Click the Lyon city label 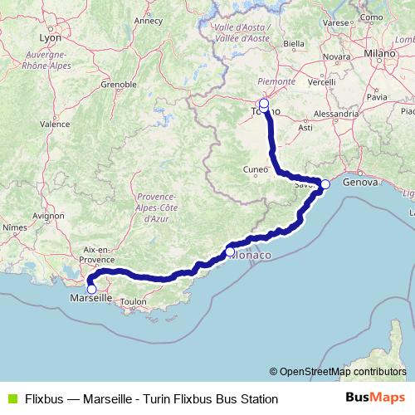50,37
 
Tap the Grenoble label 119,84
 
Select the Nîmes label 15,226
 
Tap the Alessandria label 334,112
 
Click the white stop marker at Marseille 92,289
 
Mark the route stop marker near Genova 325,184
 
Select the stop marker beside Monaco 230,251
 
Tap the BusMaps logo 374,398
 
